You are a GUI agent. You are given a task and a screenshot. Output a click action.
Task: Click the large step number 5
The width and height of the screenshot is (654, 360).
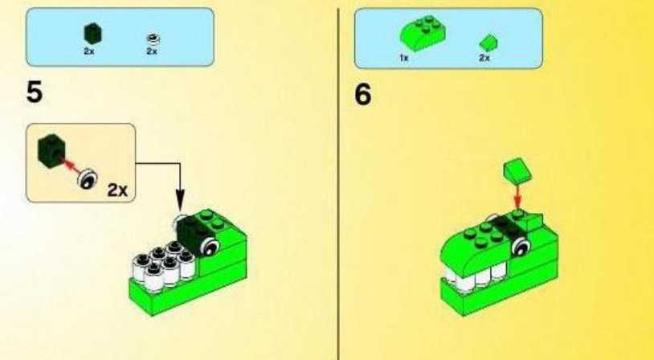[35, 92]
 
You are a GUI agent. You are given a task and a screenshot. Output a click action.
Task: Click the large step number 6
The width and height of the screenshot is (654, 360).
[362, 94]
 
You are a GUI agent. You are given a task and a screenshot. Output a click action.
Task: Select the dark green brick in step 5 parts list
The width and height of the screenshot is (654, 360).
[92, 34]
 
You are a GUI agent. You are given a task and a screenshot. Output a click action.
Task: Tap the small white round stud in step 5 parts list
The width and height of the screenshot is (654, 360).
[153, 39]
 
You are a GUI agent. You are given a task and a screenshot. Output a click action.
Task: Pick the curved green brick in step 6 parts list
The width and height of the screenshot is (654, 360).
[423, 34]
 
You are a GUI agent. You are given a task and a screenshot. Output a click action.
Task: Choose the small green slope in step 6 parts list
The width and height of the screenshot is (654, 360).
[488, 43]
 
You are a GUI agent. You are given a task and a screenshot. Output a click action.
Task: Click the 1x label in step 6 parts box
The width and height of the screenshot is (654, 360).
[403, 58]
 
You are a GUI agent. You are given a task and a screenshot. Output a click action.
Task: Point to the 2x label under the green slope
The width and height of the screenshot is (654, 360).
[484, 58]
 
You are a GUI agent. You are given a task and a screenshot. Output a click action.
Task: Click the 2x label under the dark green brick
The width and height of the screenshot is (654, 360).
[89, 51]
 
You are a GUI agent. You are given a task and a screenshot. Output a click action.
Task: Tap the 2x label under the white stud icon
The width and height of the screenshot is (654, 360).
[151, 51]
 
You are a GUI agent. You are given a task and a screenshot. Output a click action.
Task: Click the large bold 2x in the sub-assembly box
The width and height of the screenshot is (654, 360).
[117, 190]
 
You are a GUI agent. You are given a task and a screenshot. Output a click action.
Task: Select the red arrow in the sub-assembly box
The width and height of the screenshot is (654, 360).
[72, 166]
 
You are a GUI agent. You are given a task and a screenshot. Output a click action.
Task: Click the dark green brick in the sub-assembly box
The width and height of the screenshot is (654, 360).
[51, 150]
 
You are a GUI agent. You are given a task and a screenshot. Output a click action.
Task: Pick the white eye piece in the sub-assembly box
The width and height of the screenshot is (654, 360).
[88, 179]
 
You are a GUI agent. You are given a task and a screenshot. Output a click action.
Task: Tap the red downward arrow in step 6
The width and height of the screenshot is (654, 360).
[517, 197]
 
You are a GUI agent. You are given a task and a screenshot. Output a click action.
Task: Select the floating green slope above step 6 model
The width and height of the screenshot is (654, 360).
[517, 170]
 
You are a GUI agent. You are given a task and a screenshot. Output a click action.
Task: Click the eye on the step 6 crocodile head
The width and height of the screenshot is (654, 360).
[521, 246]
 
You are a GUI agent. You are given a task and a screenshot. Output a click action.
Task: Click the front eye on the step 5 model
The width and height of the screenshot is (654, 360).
[209, 247]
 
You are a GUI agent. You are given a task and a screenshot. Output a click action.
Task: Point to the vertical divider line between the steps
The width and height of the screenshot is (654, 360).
[337, 183]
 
